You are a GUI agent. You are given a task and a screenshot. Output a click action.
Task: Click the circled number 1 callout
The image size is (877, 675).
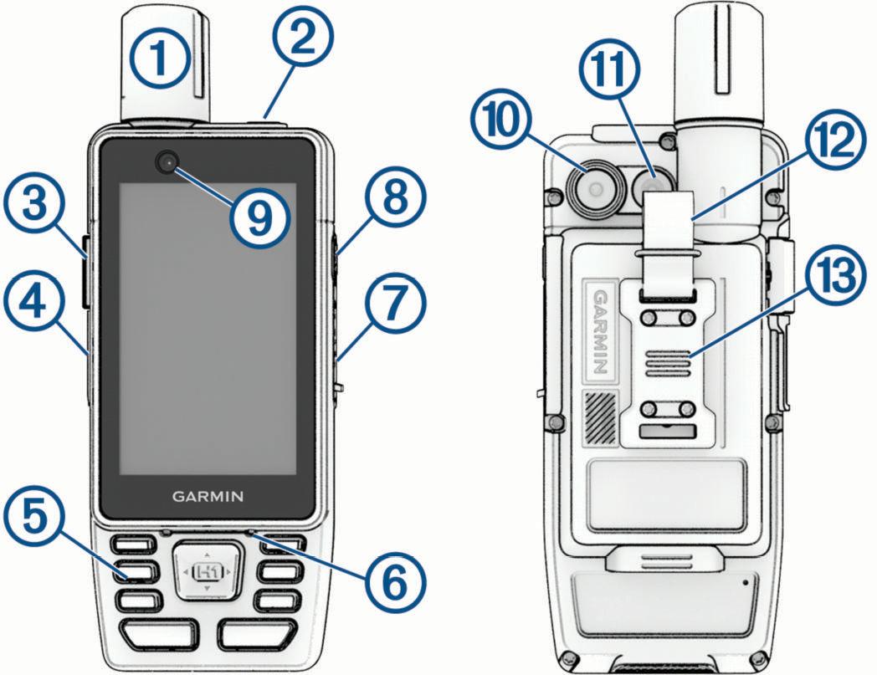point(161,59)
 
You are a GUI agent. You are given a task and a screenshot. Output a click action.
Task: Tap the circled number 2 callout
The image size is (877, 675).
point(303,38)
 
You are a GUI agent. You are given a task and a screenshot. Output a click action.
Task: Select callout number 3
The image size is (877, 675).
point(34,203)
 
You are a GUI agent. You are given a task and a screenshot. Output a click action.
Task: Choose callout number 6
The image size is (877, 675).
point(396,583)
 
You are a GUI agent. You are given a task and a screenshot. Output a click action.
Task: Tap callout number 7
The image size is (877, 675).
point(396,303)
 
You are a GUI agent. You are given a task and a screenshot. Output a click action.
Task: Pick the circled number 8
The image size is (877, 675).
point(396,197)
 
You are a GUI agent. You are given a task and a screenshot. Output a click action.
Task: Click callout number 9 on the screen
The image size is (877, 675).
point(259,217)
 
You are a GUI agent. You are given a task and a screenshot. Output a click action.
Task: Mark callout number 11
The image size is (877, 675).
point(608,69)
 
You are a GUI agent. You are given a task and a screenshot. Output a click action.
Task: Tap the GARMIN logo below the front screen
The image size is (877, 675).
point(208,497)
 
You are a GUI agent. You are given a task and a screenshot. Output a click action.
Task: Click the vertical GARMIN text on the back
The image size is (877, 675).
point(600,331)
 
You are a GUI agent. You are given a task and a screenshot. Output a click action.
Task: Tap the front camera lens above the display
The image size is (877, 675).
point(168,162)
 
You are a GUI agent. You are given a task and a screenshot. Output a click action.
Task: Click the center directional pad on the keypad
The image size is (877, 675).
point(207,571)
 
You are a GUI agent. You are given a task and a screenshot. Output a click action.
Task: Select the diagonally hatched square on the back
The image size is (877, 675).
point(599,417)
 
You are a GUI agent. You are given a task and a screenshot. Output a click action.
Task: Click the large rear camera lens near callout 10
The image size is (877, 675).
point(596,189)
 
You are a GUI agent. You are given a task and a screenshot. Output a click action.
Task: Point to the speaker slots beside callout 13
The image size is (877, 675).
point(669,364)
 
